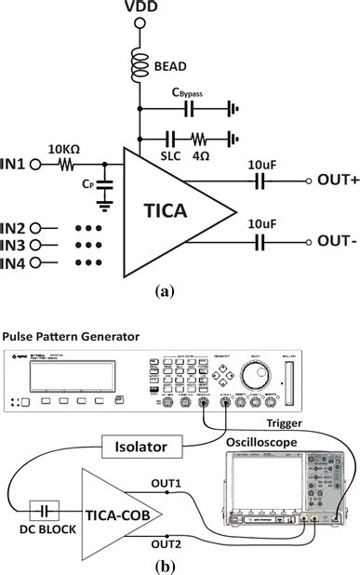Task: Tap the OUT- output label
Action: click(x=339, y=240)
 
